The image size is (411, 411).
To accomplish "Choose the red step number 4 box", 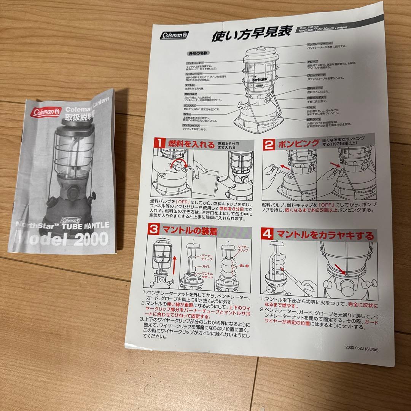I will [x=268, y=234].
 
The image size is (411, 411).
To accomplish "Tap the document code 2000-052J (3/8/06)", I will [x=362, y=347].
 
